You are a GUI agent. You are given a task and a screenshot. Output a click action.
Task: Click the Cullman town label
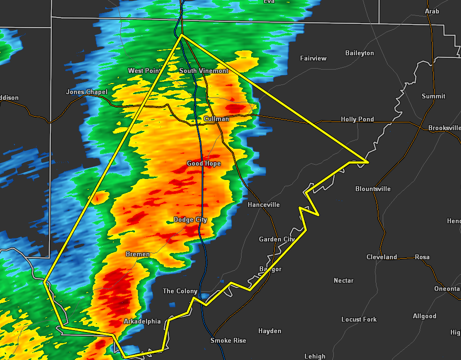point(216,119)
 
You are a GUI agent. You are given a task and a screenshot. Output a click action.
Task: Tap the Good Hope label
point(204,163)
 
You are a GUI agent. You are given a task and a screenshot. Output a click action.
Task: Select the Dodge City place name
point(190,219)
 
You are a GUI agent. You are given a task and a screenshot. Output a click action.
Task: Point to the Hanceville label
point(264,204)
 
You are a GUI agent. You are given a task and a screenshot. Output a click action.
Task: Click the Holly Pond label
point(357,119)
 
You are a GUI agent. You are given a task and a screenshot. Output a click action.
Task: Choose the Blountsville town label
point(373,189)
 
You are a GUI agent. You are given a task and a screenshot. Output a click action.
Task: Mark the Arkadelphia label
point(142,321)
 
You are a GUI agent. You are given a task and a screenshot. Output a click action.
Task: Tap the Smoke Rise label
point(228,340)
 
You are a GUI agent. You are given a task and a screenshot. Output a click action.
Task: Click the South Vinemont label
point(204,71)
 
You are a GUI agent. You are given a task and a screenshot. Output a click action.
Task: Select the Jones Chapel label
point(86,92)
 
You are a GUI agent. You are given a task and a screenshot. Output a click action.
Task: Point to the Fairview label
point(313,58)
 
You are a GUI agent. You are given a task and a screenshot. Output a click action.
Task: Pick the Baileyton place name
point(359,53)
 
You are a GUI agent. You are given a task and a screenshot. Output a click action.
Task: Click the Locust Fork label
point(359,319)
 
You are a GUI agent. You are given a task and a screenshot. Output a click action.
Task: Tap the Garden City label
point(277,239)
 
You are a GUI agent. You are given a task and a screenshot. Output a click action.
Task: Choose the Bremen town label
point(138,254)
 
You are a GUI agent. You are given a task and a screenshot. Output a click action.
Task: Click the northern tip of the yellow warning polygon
point(182,35)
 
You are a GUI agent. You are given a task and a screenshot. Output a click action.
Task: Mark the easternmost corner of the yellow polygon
point(368,162)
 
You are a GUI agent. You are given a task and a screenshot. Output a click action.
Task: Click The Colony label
point(180,291)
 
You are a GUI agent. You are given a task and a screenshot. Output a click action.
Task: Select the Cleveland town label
point(381,257)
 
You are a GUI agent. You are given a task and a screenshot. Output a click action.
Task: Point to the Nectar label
point(343,280)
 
